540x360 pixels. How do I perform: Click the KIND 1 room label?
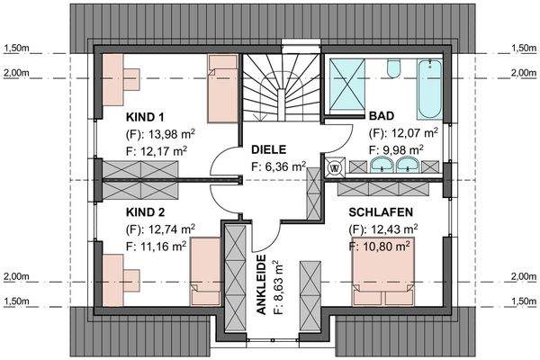[x=146, y=117]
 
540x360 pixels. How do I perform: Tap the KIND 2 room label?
[x=146, y=211]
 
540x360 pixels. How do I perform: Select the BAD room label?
[x=382, y=117]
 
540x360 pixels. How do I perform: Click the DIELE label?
[x=269, y=149]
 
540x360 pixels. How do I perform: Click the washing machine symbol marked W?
[x=335, y=166]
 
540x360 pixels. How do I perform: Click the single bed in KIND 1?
[x=221, y=88]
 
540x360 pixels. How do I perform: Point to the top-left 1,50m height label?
[x=16, y=48]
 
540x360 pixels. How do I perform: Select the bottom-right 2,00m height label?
[x=524, y=277]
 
